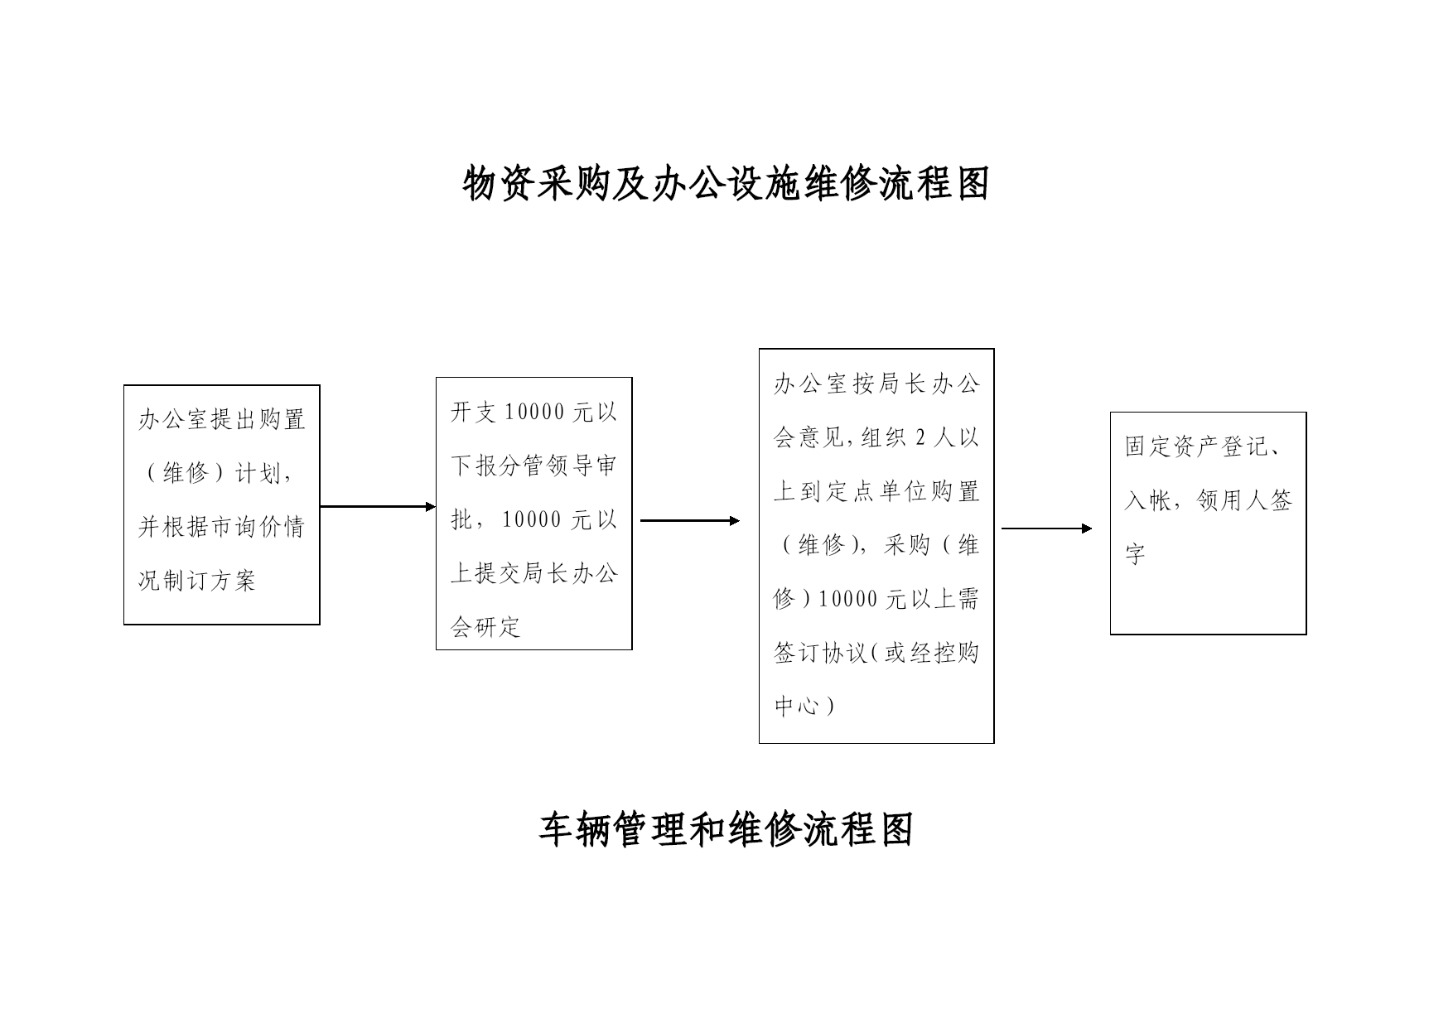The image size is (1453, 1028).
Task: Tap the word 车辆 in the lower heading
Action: click(576, 829)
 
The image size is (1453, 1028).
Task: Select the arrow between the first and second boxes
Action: click(378, 506)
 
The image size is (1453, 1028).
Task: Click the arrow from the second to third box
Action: click(690, 520)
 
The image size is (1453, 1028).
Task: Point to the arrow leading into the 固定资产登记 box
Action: click(1047, 528)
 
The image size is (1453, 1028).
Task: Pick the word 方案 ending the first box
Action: click(234, 580)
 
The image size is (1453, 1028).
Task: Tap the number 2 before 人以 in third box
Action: click(921, 437)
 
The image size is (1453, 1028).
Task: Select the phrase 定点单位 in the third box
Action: click(876, 491)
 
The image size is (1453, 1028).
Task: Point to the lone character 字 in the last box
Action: click(1136, 554)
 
